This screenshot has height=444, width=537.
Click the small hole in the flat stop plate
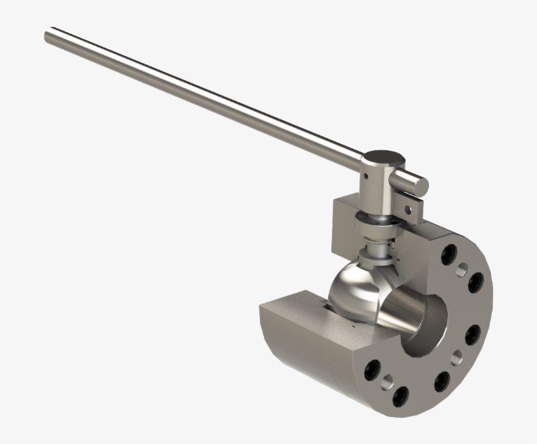tap(407, 210)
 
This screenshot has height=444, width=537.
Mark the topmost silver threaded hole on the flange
tap(463, 268)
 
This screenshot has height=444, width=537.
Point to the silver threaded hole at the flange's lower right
tap(456, 357)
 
